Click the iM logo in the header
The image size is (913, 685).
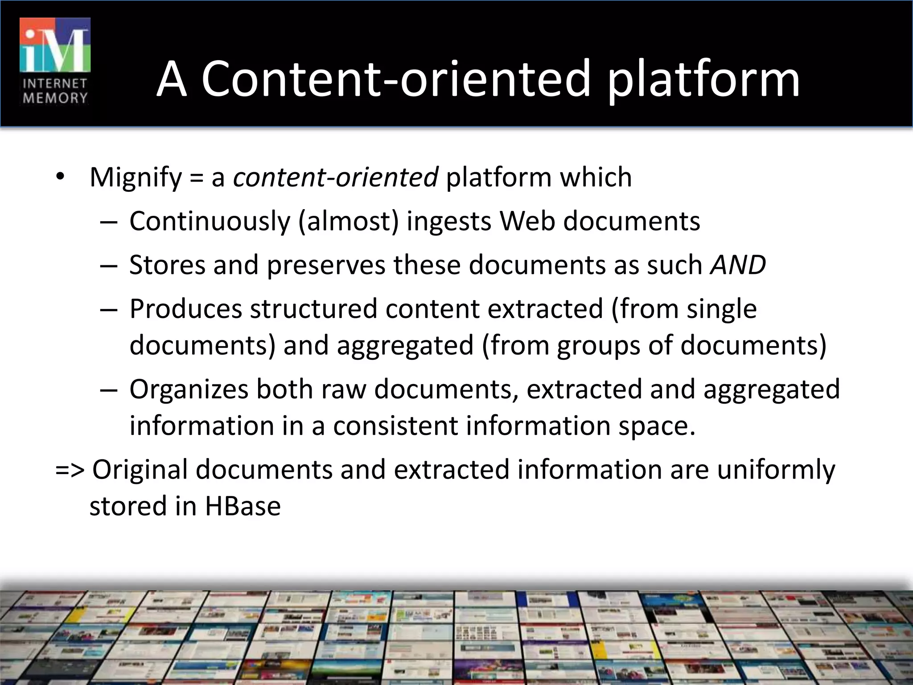55,45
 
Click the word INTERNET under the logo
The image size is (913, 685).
55,83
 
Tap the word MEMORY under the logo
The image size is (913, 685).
55,98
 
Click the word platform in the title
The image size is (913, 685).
704,80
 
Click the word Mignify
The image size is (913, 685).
136,177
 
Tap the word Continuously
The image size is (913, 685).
210,221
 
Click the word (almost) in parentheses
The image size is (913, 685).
348,221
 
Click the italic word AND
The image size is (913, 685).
738,265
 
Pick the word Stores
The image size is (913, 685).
167,265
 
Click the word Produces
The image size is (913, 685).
185,309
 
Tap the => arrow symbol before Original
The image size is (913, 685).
70,470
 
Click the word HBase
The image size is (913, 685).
243,506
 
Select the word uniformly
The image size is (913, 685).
776,470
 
